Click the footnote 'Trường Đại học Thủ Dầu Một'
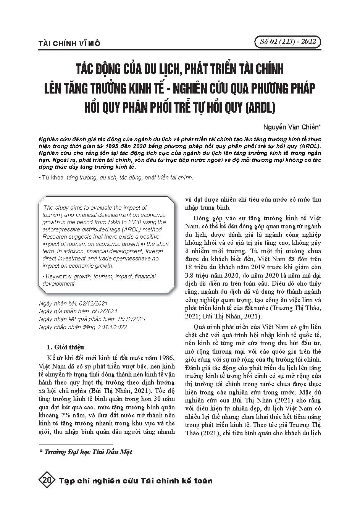click(x=88, y=452)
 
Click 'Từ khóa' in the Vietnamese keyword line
click(x=53, y=177)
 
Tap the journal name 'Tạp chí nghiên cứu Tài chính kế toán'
click(x=136, y=481)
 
